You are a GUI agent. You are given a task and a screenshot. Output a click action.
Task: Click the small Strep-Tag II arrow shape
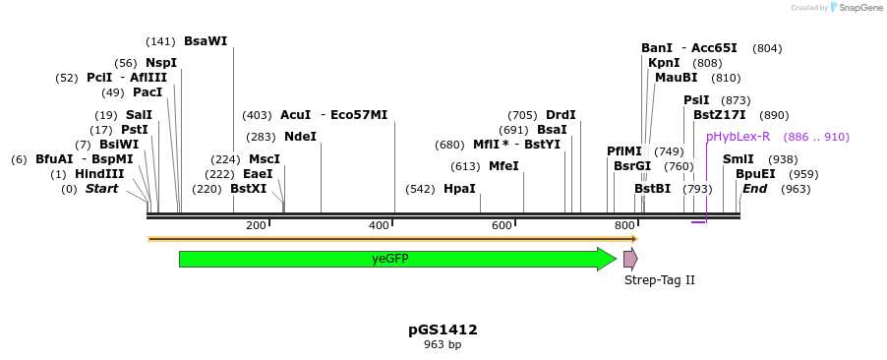(629, 259)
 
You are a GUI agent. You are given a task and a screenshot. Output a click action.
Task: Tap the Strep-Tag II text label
(659, 280)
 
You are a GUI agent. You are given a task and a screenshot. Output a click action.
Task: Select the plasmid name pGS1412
(443, 330)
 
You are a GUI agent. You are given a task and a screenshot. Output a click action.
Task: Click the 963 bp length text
(443, 345)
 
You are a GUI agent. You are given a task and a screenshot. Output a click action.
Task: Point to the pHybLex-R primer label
(738, 137)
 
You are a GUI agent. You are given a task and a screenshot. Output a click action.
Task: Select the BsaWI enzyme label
(206, 41)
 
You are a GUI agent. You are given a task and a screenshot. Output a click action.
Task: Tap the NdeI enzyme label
(300, 137)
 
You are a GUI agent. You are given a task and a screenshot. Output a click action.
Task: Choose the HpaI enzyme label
(459, 189)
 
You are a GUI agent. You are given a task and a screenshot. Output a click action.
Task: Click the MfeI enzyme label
(503, 166)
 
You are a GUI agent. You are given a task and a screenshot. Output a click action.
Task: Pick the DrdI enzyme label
(561, 115)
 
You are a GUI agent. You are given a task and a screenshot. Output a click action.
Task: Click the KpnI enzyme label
(664, 63)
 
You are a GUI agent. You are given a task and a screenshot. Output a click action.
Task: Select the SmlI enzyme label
(739, 159)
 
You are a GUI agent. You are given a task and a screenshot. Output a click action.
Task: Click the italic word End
(754, 189)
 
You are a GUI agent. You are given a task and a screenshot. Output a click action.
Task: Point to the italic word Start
(101, 189)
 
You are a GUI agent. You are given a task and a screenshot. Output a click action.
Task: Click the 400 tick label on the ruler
(380, 226)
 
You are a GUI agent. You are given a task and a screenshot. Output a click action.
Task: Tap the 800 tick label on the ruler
(624, 226)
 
